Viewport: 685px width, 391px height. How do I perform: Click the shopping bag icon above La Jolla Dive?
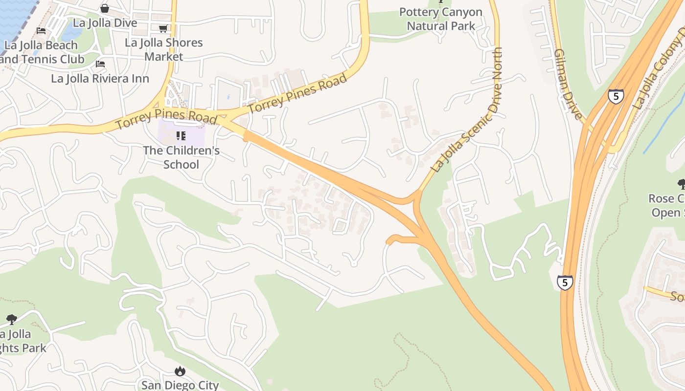[x=105, y=8]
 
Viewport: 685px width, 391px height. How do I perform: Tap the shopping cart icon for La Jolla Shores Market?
[x=163, y=29]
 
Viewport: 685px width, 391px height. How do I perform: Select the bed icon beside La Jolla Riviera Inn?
[x=100, y=64]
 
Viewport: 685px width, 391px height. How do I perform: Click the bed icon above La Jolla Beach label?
[x=41, y=31]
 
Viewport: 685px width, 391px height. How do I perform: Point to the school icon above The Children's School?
[x=181, y=135]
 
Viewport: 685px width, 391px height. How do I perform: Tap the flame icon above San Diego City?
[x=180, y=371]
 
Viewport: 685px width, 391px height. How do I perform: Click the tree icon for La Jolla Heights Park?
[x=12, y=320]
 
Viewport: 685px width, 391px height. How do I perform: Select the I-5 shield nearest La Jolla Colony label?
[x=616, y=96]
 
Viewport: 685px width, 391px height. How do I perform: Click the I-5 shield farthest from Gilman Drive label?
[x=565, y=282]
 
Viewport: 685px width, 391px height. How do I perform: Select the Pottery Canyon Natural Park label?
[x=441, y=19]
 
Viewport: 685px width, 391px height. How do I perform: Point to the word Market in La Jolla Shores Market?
[x=163, y=57]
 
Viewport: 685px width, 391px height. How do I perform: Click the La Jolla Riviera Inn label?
[x=100, y=78]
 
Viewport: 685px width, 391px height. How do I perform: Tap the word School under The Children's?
[x=181, y=165]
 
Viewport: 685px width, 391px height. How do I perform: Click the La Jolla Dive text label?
[x=105, y=23]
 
